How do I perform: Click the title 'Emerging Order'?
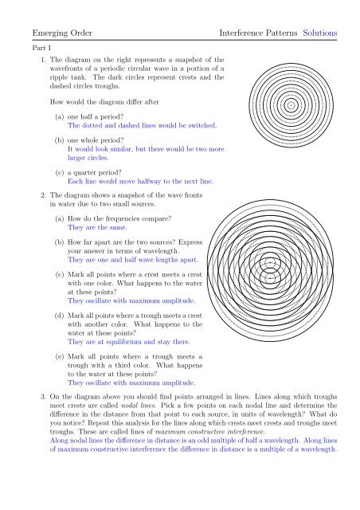point(54,33)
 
